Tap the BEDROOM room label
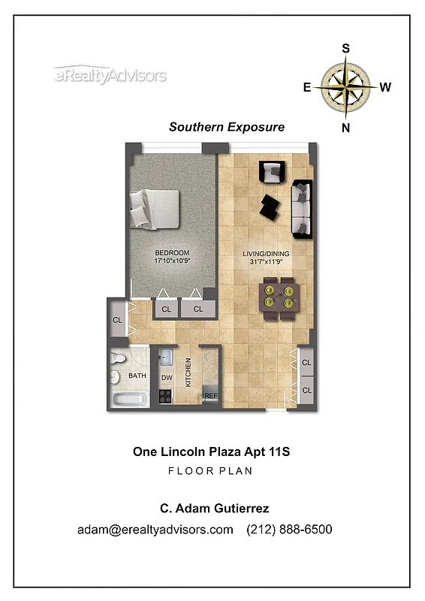click(x=172, y=252)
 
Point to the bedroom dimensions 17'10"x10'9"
click(x=172, y=261)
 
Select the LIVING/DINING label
click(x=267, y=254)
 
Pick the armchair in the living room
click(x=271, y=172)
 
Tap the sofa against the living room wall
click(x=302, y=208)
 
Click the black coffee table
click(x=268, y=204)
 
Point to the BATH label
click(x=137, y=376)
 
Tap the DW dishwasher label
click(x=167, y=378)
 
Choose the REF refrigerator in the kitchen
click(x=211, y=395)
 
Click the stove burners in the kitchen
click(x=166, y=397)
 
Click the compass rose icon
click(x=345, y=87)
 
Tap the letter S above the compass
click(x=346, y=48)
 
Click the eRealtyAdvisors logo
click(x=110, y=75)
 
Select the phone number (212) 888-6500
click(x=289, y=530)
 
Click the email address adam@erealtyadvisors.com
click(x=155, y=530)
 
